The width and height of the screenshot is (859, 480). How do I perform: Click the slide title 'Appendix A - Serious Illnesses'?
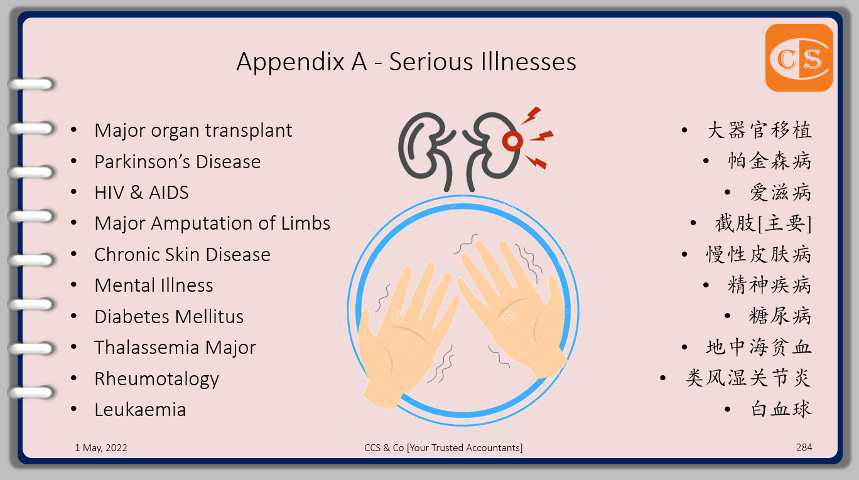[406, 61]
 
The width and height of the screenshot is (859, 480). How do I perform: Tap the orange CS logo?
[799, 58]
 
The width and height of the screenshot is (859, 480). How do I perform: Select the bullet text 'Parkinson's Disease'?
[177, 161]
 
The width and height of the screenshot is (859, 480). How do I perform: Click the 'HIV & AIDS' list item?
[141, 193]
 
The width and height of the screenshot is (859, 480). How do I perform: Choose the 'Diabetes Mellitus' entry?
[169, 316]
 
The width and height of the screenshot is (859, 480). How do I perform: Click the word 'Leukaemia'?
[140, 410]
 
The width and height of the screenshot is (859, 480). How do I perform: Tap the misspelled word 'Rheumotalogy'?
[156, 379]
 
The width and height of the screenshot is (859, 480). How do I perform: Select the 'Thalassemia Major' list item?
[175, 348]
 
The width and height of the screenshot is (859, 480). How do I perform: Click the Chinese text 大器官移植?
[759, 131]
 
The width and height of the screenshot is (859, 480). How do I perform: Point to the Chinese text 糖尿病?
[780, 316]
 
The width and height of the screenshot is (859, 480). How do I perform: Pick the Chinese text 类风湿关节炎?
[748, 378]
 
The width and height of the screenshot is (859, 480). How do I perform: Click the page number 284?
[804, 447]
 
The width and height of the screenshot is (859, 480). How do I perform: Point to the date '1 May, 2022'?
[101, 448]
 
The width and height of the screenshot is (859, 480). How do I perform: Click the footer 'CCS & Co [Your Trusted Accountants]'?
[443, 448]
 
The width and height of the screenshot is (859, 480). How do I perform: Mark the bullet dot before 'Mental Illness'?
[75, 285]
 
